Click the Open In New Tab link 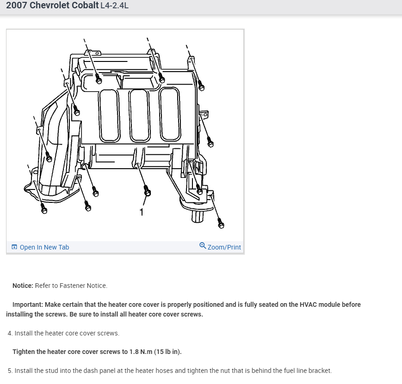click(44, 247)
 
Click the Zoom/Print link click(224, 247)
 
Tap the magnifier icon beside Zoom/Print click(203, 245)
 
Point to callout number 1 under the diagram click(142, 212)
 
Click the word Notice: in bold click(23, 286)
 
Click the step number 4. click(10, 333)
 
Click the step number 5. click(10, 371)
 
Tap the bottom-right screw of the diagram click(221, 225)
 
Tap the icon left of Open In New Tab click(14, 247)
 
